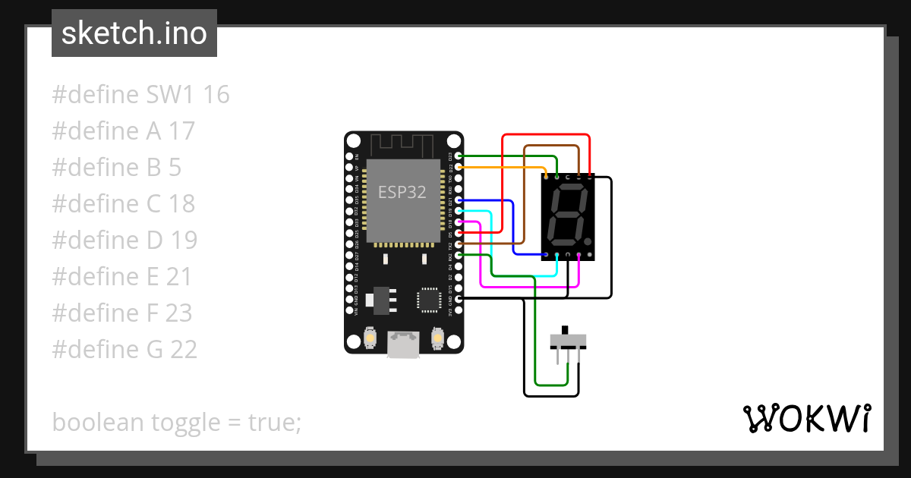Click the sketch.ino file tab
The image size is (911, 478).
[x=134, y=33]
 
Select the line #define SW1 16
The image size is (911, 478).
[x=140, y=95]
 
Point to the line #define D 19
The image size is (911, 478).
[x=125, y=241]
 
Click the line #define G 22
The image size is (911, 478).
[x=125, y=350]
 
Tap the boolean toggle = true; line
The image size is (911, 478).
[x=177, y=423]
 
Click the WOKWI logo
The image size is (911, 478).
[x=806, y=418]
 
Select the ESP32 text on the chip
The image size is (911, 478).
[x=402, y=192]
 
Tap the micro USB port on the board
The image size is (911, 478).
[x=403, y=345]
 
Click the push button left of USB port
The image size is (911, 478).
[x=370, y=336]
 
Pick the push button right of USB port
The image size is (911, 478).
[x=437, y=336]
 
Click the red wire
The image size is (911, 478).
[x=502, y=182]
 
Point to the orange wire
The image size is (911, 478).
[x=501, y=166]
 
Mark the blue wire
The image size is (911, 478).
[x=514, y=228]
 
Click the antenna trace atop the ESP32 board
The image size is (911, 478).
[x=403, y=143]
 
